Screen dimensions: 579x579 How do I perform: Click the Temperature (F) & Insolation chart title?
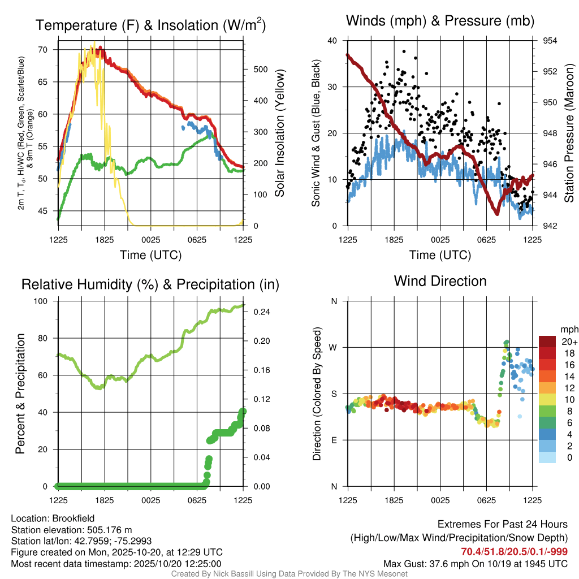[150, 25]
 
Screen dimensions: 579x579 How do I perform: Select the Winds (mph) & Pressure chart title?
[440, 21]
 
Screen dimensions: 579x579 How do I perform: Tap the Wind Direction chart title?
[440, 281]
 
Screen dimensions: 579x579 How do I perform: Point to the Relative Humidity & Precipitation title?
[150, 284]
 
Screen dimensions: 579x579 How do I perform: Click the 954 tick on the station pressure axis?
[550, 41]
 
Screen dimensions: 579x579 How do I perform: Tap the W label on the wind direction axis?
[334, 347]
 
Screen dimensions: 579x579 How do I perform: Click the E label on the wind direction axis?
[334, 440]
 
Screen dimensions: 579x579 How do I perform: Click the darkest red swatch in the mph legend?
[547, 341]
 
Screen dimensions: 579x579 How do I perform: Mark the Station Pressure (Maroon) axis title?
[569, 133]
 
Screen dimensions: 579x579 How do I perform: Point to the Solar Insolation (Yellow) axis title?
[280, 133]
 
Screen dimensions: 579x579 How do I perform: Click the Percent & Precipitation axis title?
[20, 394]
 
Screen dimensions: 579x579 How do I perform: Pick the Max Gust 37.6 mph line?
[475, 563]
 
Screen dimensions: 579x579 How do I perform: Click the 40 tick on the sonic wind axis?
[332, 41]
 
